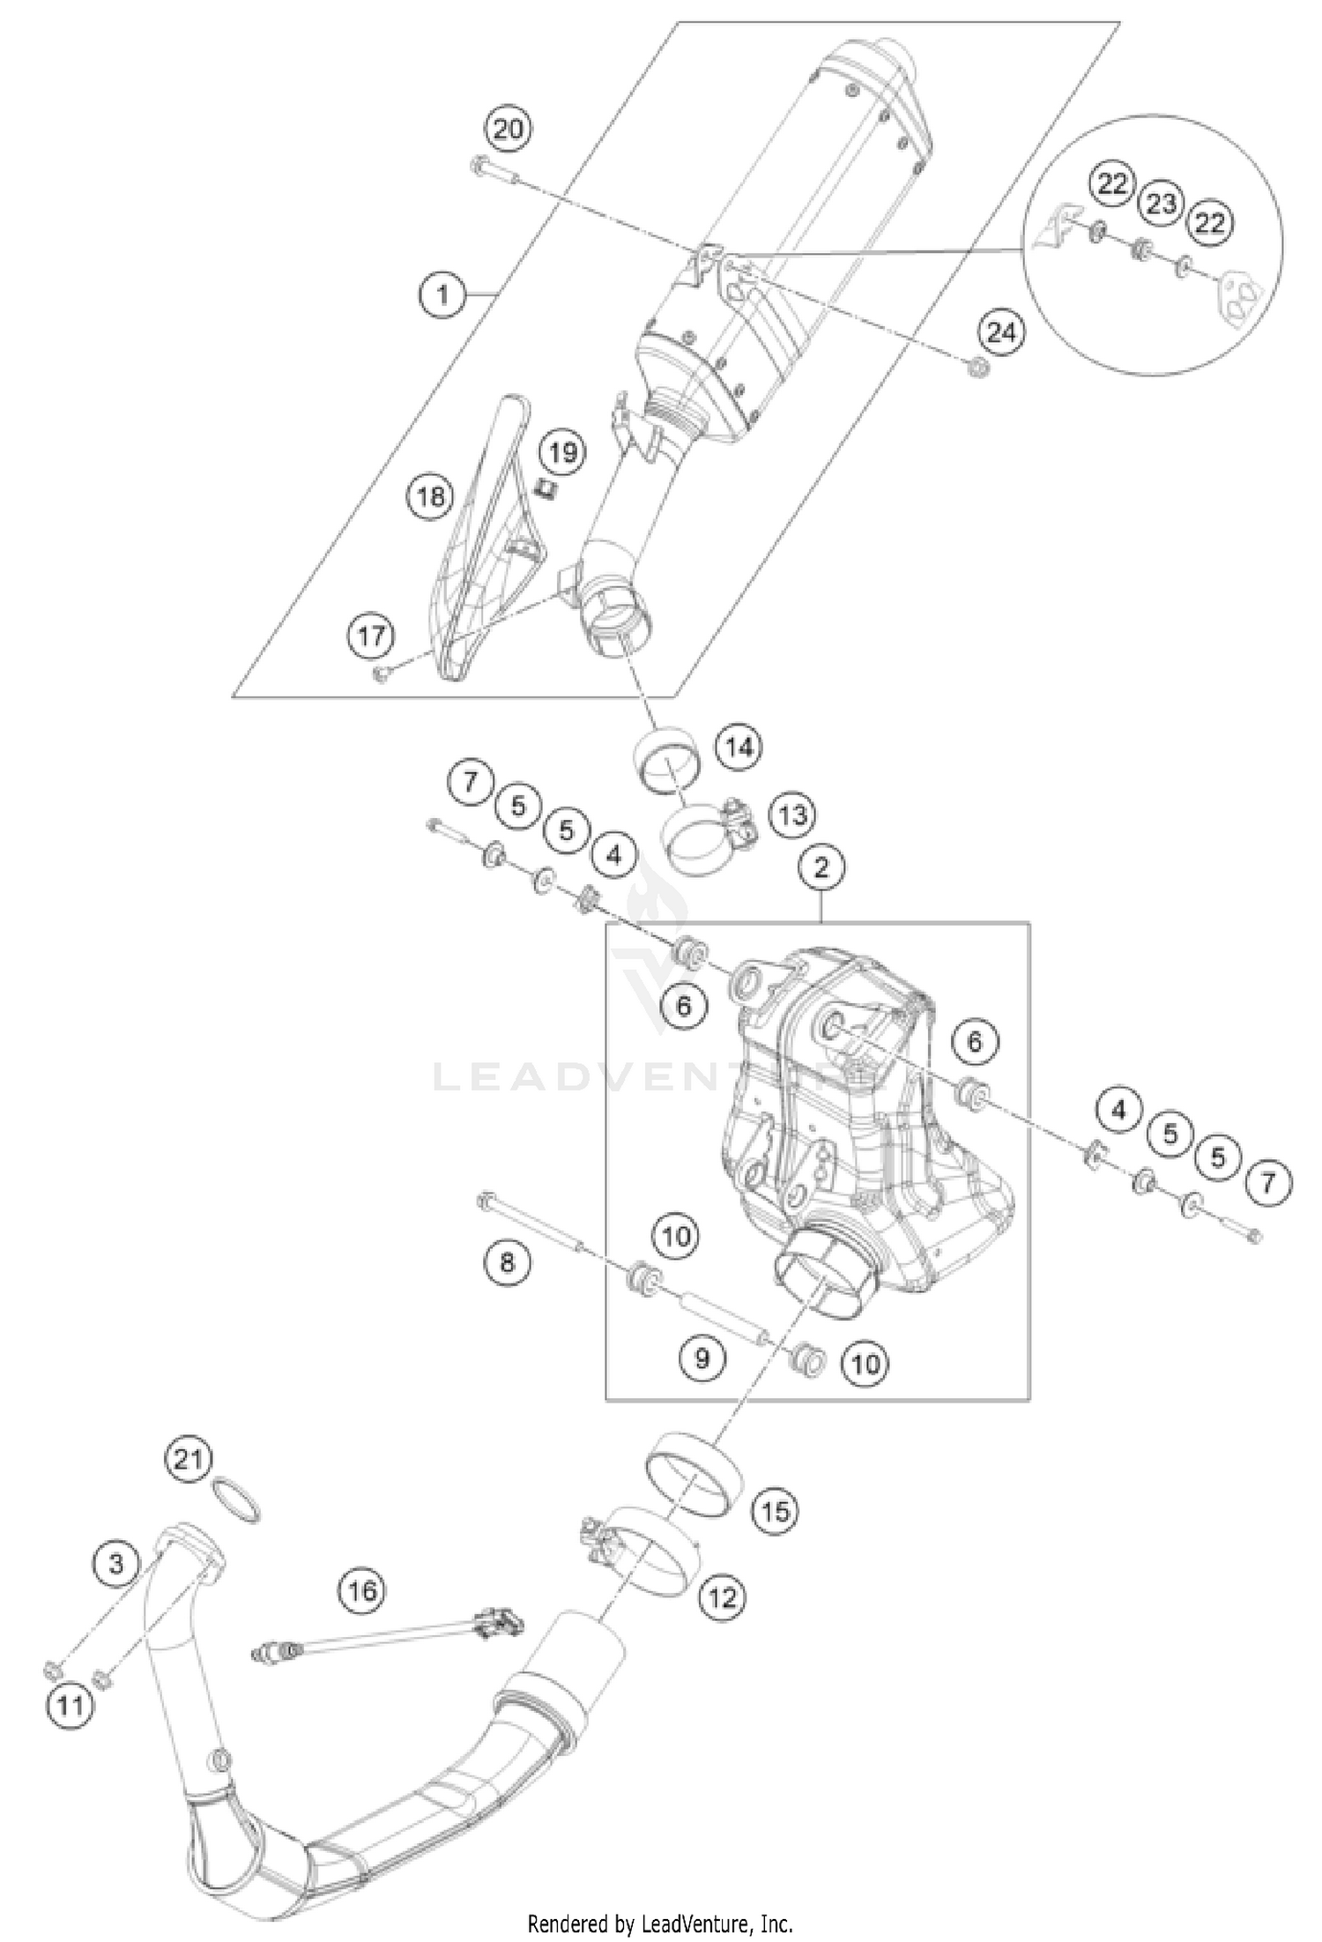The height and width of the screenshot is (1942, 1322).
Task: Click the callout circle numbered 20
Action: click(x=508, y=130)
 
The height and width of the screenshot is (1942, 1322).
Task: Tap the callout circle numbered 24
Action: click(x=1001, y=334)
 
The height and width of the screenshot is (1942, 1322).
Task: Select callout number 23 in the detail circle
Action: click(x=1162, y=205)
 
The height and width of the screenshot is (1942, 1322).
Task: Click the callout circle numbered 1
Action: click(x=443, y=293)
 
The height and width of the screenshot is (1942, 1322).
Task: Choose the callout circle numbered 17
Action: click(x=371, y=635)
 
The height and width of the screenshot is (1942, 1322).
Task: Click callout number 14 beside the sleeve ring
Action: click(x=739, y=748)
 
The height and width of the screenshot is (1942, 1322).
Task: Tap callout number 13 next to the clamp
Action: click(x=791, y=815)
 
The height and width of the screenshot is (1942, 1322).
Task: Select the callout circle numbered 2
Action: click(x=821, y=868)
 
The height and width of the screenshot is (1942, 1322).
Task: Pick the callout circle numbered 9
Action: click(x=702, y=1358)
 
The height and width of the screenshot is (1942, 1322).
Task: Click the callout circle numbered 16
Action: click(x=362, y=1590)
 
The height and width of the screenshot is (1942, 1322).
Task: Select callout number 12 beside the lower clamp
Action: click(x=723, y=1596)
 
